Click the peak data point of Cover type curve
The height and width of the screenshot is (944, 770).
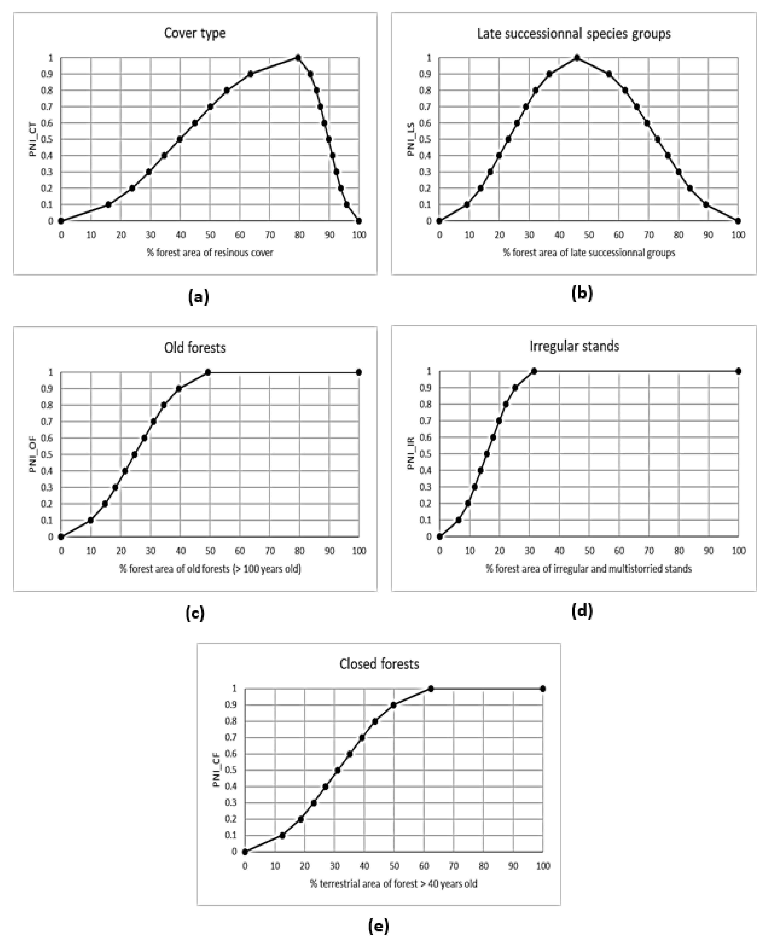[x=298, y=58]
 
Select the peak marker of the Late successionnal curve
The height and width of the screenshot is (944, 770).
[x=577, y=58]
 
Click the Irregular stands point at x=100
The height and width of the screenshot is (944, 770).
[x=738, y=371]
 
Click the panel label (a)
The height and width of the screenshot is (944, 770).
[x=198, y=296]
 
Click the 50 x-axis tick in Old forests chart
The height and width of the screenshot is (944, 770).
[x=210, y=551]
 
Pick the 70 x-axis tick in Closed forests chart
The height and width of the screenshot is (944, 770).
[x=454, y=866]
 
